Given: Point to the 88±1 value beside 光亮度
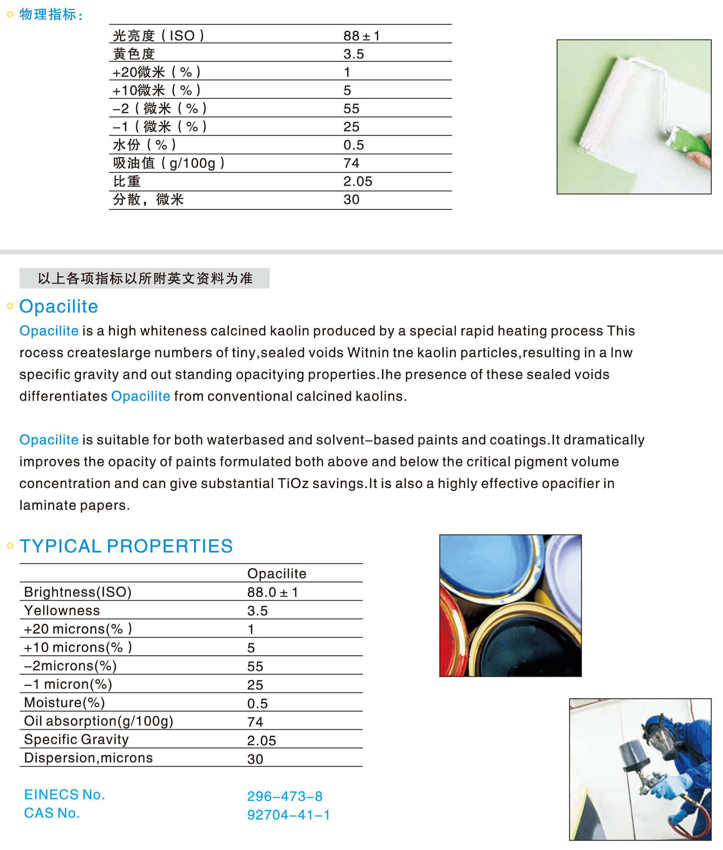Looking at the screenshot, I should tap(361, 36).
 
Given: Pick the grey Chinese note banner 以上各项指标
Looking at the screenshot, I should tap(145, 278).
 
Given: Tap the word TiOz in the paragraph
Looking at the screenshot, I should tap(293, 484).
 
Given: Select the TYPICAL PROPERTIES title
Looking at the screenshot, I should tap(126, 546).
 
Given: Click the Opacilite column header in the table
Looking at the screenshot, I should tap(277, 573).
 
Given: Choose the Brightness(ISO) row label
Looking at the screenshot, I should tap(78, 592).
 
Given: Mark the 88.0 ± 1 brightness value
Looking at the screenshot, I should tap(272, 592).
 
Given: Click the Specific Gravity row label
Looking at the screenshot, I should tap(76, 739).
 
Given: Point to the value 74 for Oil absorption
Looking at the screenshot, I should tap(255, 722).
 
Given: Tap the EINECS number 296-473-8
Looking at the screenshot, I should tap(284, 796).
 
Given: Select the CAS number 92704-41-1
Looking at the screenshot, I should tap(288, 815).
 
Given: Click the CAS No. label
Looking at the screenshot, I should tap(52, 813).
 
